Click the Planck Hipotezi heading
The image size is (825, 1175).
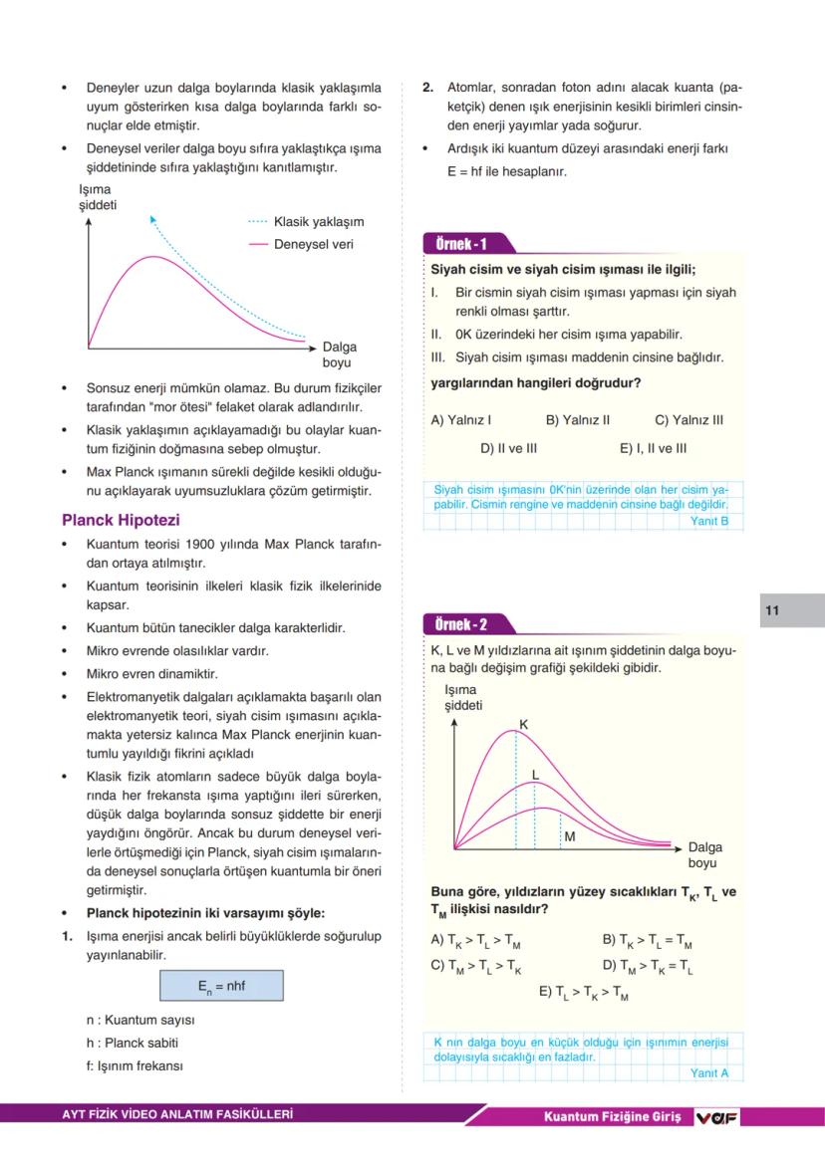(x=121, y=521)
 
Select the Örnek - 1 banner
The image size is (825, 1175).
(x=462, y=244)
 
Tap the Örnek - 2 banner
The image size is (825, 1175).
(x=462, y=625)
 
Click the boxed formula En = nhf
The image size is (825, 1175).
(x=221, y=986)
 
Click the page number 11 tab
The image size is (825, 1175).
(x=773, y=610)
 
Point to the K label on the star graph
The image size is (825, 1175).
(x=524, y=724)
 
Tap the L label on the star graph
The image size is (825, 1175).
(x=535, y=774)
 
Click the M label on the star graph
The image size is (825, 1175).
(x=570, y=837)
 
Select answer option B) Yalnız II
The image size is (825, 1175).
(x=578, y=420)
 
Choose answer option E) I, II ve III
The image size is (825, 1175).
(x=653, y=448)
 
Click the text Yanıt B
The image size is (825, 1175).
(x=709, y=521)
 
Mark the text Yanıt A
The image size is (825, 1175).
(x=709, y=1072)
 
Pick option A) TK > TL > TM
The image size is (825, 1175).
(x=475, y=940)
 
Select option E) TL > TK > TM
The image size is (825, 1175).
(x=584, y=992)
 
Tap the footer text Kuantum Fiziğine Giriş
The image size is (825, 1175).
(x=612, y=1117)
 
